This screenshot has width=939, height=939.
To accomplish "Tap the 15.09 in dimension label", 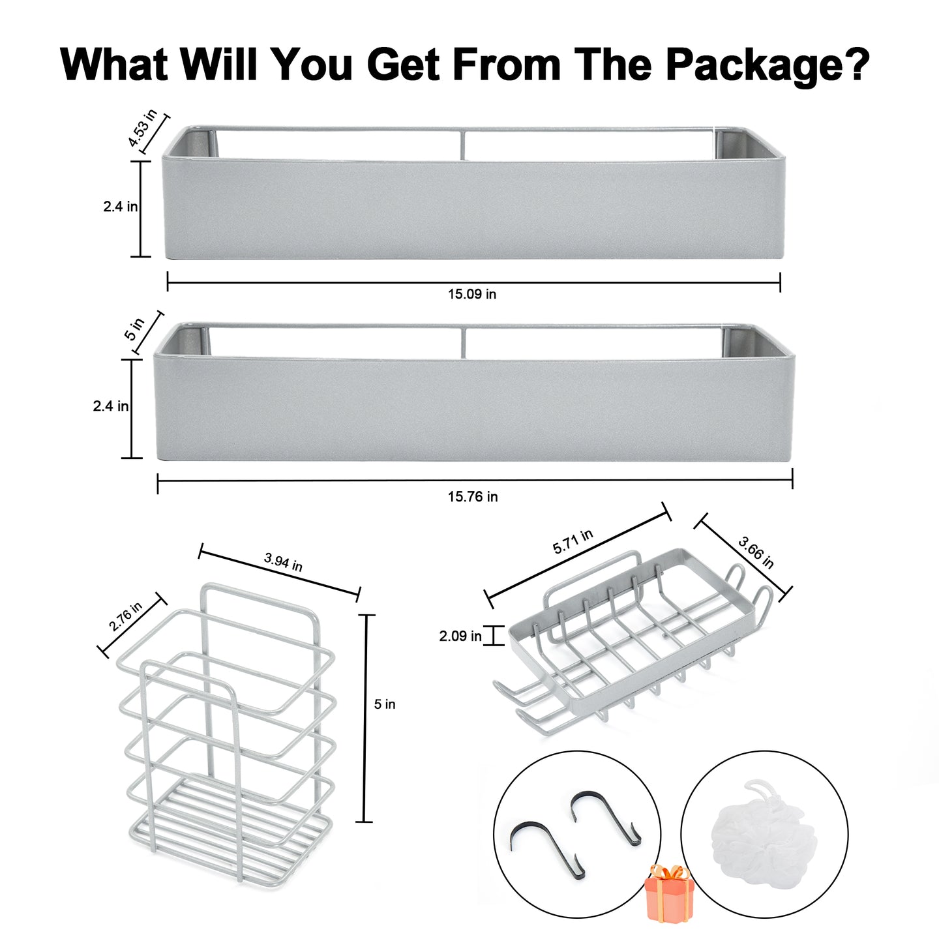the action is (x=472, y=294).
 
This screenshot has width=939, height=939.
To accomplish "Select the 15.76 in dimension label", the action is (x=473, y=496).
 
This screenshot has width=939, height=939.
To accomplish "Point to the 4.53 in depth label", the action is (x=142, y=128).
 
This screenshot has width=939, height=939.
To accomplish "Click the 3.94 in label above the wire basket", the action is (x=283, y=562).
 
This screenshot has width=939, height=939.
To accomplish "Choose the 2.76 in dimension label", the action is (x=126, y=616).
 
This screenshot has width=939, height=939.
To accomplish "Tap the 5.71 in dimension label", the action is (x=573, y=541).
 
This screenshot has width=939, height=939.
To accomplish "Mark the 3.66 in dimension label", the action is (x=756, y=552).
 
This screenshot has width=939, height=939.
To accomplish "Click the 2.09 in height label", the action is (x=460, y=636).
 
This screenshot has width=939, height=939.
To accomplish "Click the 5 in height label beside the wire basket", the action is (x=385, y=704).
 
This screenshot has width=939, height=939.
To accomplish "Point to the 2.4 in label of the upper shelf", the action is (x=121, y=207).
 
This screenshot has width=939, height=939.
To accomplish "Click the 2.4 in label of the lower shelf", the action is (x=111, y=406).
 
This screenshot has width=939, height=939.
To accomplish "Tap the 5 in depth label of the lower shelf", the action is (x=134, y=329).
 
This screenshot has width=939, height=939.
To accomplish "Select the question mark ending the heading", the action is (x=855, y=64).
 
